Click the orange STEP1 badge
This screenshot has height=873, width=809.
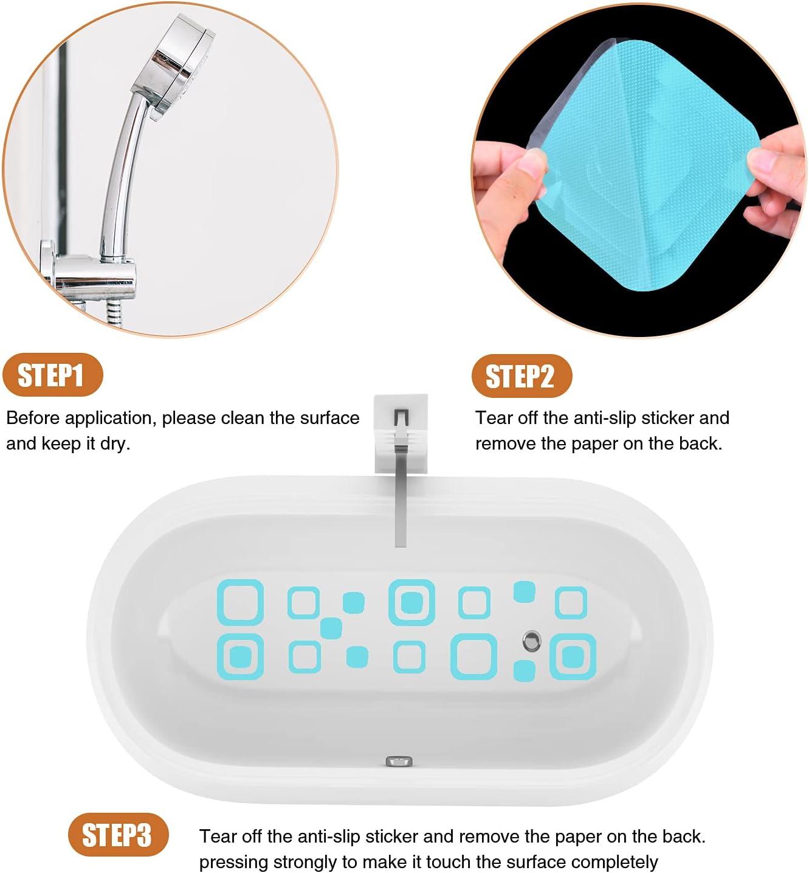point(52,375)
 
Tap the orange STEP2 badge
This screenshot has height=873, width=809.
point(521,376)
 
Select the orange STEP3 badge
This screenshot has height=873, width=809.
point(117,835)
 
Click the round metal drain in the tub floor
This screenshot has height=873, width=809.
point(532,639)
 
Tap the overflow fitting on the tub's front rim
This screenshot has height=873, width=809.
point(399,761)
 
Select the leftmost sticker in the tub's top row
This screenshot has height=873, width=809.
point(241,602)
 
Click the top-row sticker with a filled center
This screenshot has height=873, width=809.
point(412,602)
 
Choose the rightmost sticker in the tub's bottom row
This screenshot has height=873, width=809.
point(573,656)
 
